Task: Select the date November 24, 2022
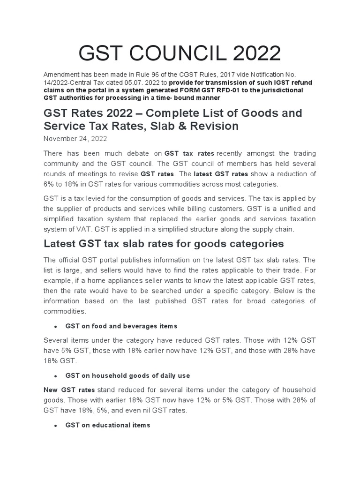pos(75,139)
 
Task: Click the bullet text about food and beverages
pos(121,326)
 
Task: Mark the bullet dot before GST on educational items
pos(56,425)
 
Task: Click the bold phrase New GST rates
pos(69,390)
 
